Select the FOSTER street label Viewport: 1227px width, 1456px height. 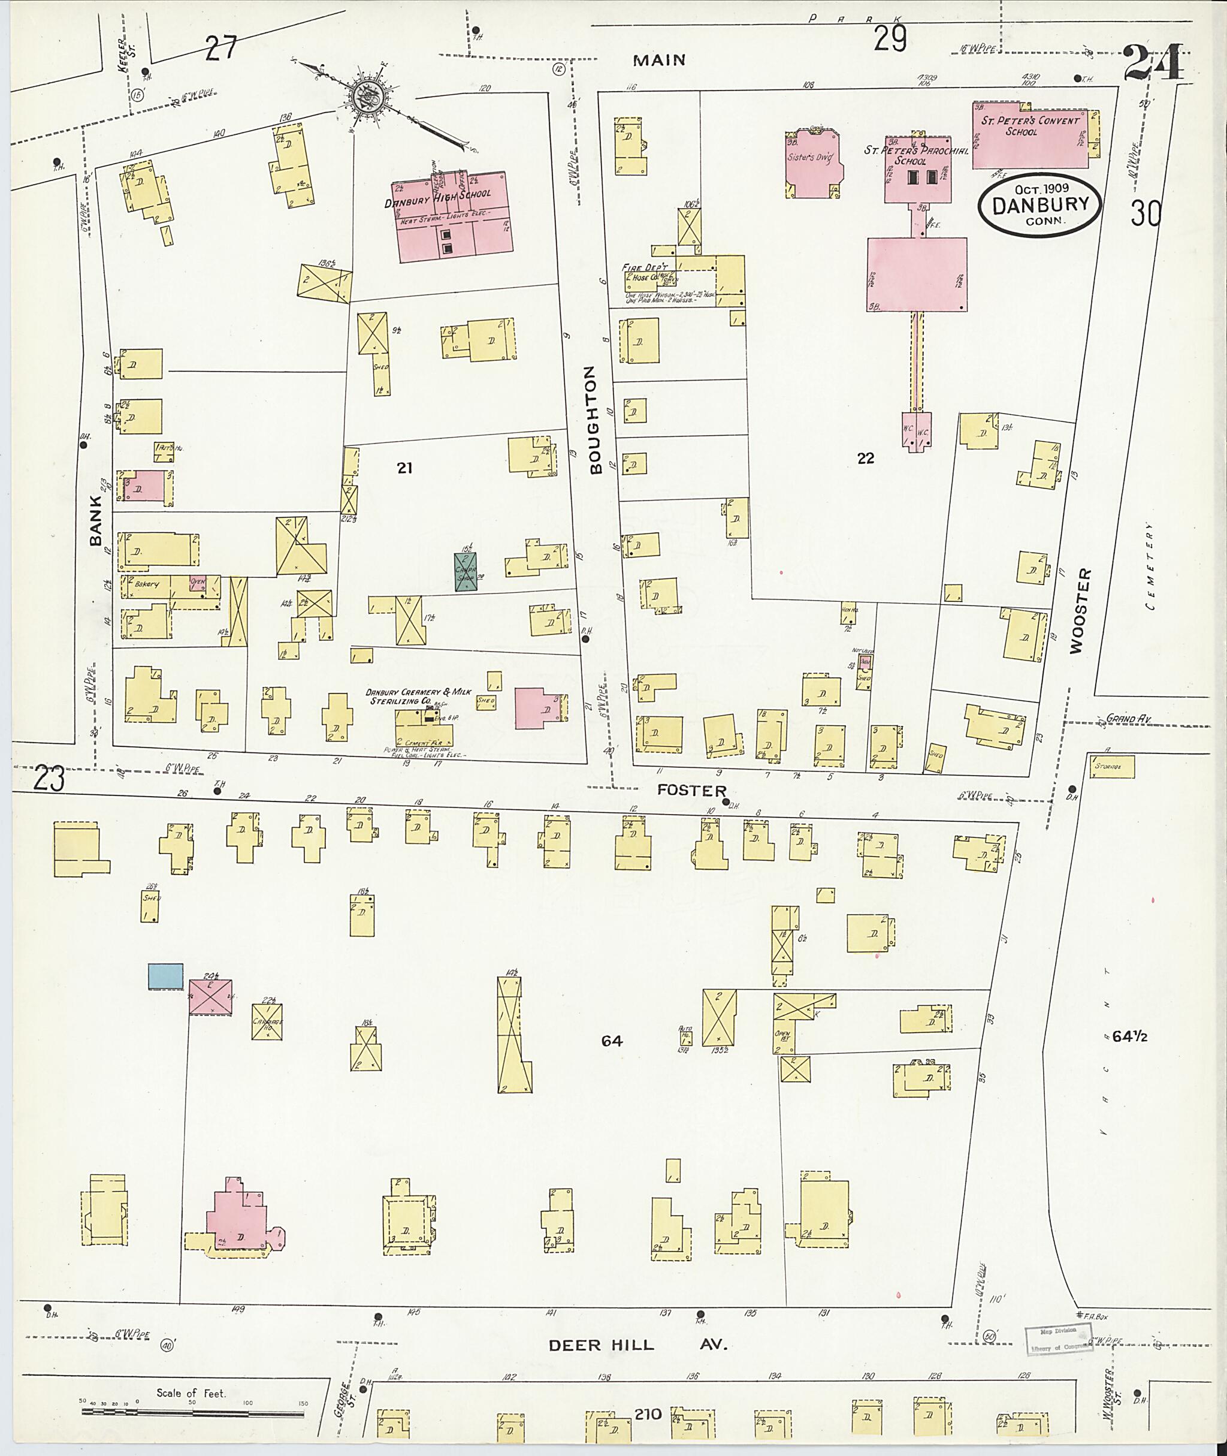click(x=692, y=791)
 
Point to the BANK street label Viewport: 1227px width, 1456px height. click(x=95, y=520)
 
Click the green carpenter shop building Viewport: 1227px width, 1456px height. click(x=466, y=571)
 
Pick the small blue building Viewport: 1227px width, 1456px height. click(x=165, y=976)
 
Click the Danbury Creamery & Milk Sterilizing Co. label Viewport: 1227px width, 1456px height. click(x=419, y=697)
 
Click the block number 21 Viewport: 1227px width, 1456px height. click(x=405, y=468)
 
